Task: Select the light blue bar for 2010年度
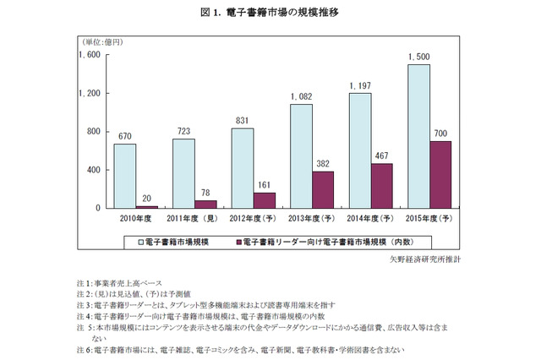(x=125, y=176)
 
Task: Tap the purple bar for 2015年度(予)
(x=440, y=174)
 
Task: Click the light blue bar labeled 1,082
(x=301, y=155)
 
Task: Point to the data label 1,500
(x=418, y=57)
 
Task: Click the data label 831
(x=242, y=121)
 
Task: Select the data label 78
(x=206, y=192)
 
